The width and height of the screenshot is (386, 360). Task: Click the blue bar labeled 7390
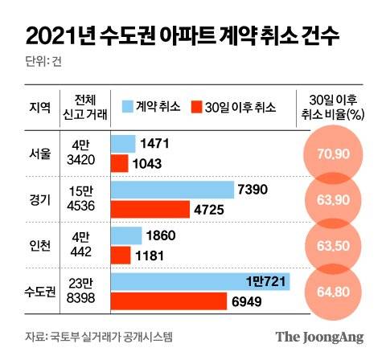click(x=172, y=190)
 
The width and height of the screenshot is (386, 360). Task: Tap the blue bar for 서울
click(x=122, y=144)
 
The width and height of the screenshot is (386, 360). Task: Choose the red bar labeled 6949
click(x=168, y=302)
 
